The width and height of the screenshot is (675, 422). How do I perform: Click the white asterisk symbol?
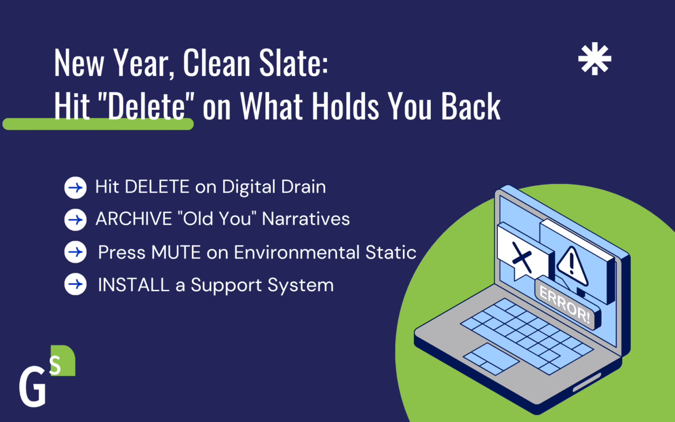(x=594, y=59)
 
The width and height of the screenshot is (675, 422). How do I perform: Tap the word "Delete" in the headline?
(x=147, y=106)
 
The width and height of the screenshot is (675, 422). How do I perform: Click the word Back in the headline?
(x=471, y=106)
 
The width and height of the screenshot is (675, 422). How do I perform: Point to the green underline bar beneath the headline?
(x=98, y=124)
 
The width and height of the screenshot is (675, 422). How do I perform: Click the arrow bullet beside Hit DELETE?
(x=75, y=187)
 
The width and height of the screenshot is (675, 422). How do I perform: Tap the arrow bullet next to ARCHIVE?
(x=75, y=220)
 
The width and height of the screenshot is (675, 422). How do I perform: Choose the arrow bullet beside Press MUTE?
(x=75, y=252)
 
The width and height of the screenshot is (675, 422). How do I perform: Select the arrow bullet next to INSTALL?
(x=75, y=284)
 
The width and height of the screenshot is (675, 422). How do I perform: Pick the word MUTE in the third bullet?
(x=176, y=252)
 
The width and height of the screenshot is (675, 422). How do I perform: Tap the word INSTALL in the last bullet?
(x=134, y=285)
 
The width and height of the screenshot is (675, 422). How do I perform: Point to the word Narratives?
(x=306, y=218)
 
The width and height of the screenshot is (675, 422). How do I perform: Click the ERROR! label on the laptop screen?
(x=565, y=305)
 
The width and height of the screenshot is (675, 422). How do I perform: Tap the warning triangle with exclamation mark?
(x=572, y=266)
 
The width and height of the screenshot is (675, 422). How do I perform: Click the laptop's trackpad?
(x=491, y=359)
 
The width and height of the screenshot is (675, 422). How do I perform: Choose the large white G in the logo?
(x=33, y=387)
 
